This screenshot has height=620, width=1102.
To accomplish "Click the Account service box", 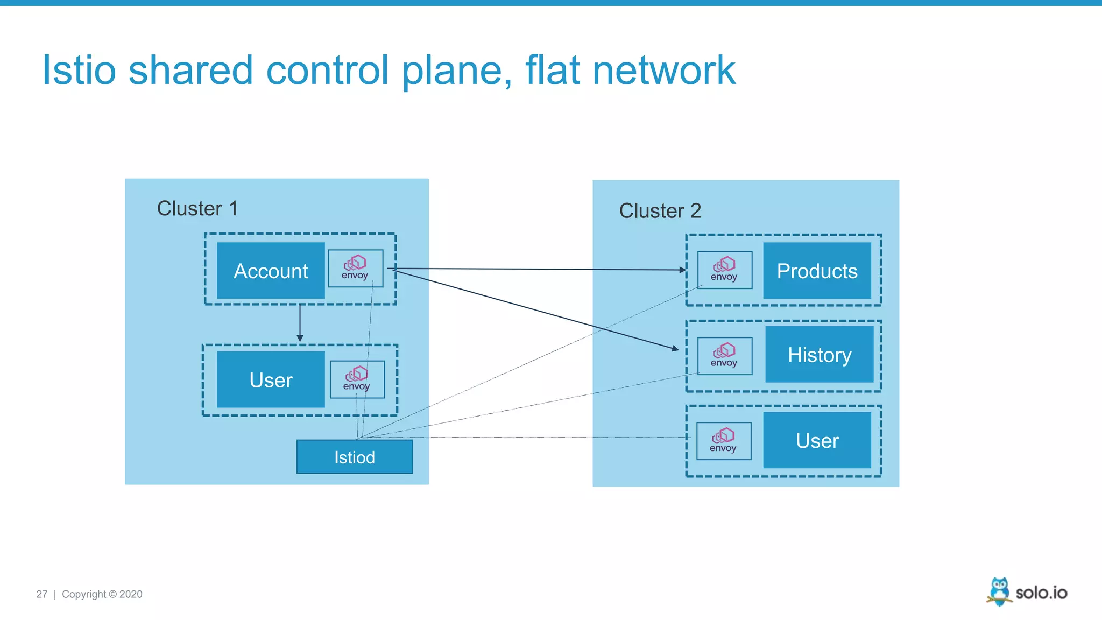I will point(271,271).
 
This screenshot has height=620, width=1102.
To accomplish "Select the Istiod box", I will point(355,457).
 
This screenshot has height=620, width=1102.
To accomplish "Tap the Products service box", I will point(817,271).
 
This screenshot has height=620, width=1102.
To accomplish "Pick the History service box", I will point(820,355).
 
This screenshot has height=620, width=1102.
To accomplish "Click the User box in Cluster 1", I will point(271,380).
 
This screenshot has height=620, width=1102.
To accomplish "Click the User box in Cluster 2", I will point(817,441).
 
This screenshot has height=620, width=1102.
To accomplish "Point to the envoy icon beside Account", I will point(356,268).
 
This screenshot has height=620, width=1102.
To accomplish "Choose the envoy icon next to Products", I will point(724,270).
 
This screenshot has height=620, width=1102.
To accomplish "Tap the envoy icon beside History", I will point(724,356).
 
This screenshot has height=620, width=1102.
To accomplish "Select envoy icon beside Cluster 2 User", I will point(724,441).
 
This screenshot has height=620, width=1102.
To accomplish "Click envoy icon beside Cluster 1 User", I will point(357,379).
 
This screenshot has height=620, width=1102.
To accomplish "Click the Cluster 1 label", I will point(197,208).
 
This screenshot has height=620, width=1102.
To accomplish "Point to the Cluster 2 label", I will point(660,210).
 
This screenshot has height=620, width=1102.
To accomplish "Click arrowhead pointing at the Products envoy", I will point(683,270).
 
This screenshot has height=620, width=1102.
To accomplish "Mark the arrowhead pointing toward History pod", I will point(675,349).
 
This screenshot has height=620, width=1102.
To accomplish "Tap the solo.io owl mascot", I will point(999,591).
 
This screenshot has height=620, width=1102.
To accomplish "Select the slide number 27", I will point(41,594).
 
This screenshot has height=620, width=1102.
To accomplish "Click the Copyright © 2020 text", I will point(102,594).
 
